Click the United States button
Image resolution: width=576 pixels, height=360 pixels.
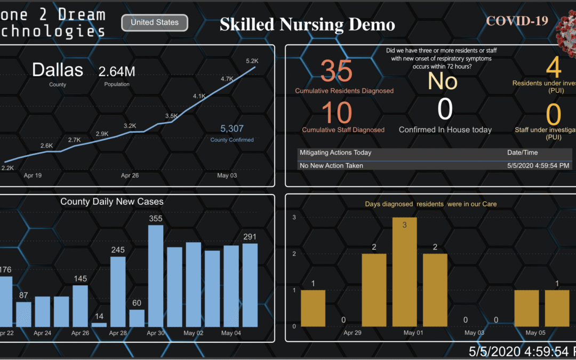coord(154,22)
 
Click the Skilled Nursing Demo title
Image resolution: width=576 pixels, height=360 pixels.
coord(308,25)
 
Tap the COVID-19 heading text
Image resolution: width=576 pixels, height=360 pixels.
coord(517,21)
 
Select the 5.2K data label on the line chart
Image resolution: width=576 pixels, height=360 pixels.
coord(252,61)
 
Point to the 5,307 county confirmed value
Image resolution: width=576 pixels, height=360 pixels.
coord(232,128)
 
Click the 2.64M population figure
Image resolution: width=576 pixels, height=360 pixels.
coord(117,71)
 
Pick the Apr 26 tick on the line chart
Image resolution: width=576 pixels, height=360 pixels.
coord(130,175)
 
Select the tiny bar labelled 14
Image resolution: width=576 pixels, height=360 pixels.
coord(99,324)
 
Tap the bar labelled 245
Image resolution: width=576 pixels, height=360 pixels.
coord(118,291)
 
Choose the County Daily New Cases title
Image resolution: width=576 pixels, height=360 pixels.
coord(112,202)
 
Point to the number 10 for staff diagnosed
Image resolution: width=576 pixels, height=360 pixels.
coord(337,113)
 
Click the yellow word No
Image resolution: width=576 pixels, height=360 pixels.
coord(443,81)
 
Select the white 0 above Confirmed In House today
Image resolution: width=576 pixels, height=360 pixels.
coord(445,110)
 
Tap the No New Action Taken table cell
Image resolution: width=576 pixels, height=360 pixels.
coord(331,165)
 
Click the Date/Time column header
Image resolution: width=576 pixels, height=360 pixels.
coord(522,153)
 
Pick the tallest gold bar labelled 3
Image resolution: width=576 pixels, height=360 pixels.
coord(404,272)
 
